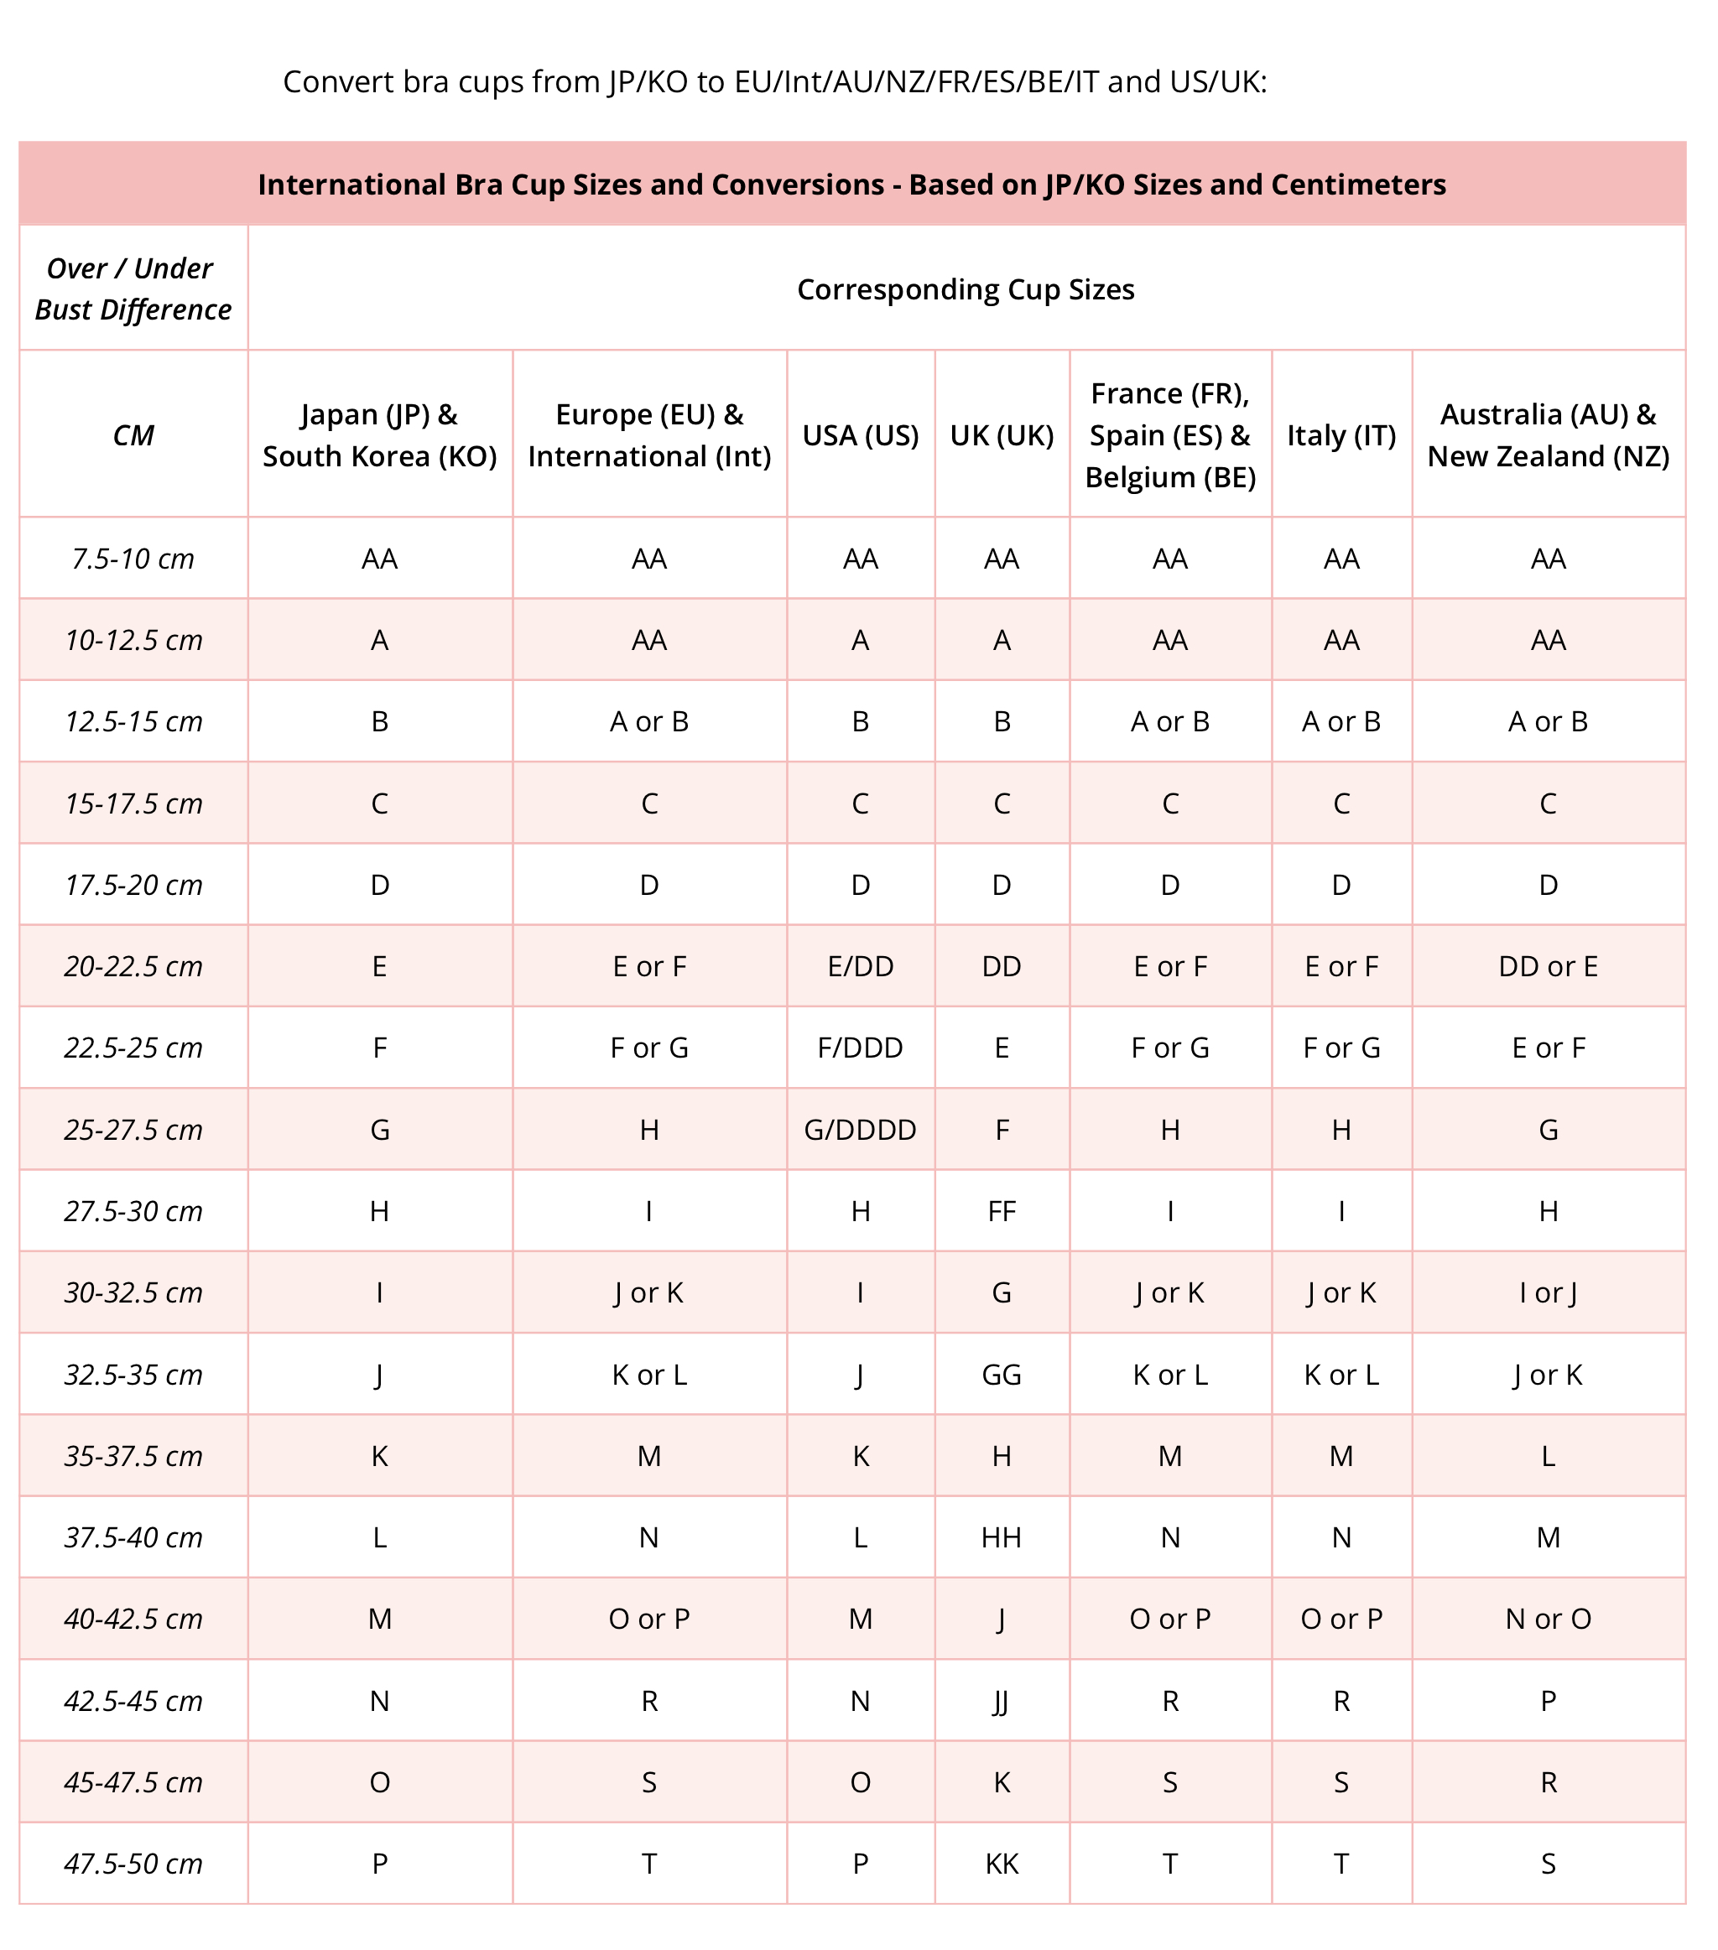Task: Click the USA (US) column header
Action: (x=860, y=435)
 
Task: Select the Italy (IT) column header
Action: (x=1341, y=435)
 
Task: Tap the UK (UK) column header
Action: (x=1002, y=435)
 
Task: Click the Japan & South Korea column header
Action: (x=380, y=435)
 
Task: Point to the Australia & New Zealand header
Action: (x=1548, y=435)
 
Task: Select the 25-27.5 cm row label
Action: (x=133, y=1130)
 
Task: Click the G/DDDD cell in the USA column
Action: (x=860, y=1130)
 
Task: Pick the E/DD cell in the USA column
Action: (x=860, y=966)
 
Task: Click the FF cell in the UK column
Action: (x=1002, y=1212)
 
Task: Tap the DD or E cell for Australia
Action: (x=1548, y=966)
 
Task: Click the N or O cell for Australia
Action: (x=1548, y=1619)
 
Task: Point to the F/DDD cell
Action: (x=860, y=1048)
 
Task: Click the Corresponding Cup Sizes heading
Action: (x=966, y=289)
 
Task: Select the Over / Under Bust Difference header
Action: (x=133, y=289)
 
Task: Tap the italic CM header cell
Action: (x=133, y=436)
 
